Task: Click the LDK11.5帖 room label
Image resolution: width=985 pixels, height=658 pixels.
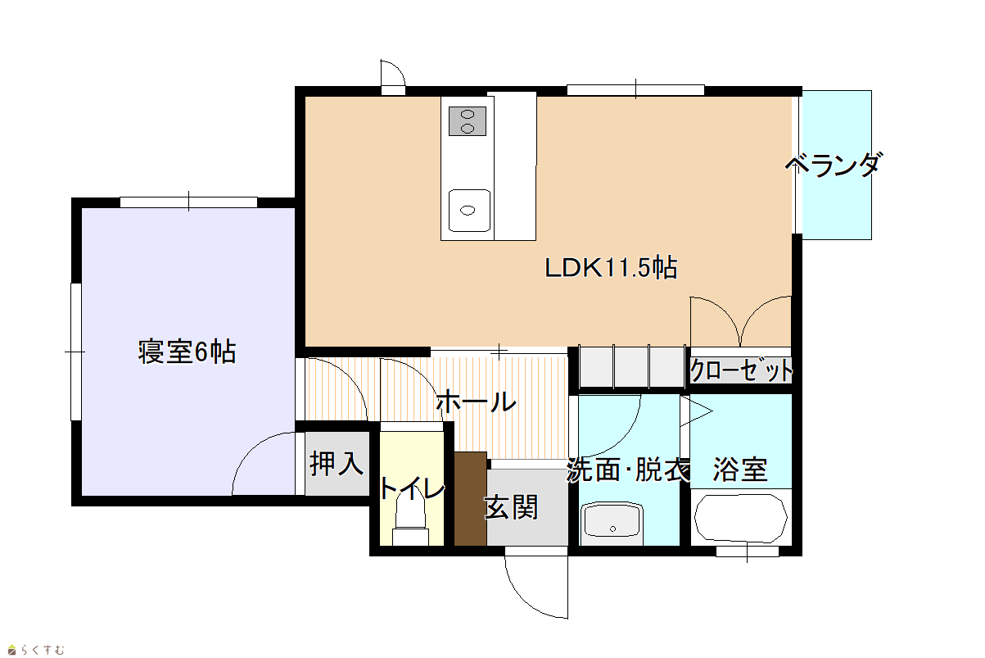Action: [x=611, y=268]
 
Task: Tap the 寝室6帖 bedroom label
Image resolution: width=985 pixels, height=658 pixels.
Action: [x=187, y=352]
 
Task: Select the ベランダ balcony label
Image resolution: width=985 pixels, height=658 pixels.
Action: [x=834, y=165]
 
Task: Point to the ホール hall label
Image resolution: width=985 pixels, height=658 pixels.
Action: [x=476, y=401]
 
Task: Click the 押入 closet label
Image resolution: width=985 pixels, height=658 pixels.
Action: [x=337, y=464]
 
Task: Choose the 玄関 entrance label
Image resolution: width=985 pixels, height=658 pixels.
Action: [x=511, y=507]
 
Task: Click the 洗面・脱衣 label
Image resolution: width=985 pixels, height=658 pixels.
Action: [x=628, y=470]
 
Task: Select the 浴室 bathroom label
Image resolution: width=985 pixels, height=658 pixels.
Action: [x=740, y=470]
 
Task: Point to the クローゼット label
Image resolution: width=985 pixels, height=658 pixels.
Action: [x=741, y=370]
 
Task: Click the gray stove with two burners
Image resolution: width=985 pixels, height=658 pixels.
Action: [x=468, y=121]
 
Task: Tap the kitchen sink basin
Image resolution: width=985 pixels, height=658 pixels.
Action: [x=469, y=211]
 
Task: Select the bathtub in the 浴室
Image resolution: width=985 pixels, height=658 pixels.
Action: [x=741, y=518]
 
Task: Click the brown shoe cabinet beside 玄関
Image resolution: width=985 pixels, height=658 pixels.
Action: [x=471, y=499]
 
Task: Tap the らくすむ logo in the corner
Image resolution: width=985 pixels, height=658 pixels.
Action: [x=37, y=649]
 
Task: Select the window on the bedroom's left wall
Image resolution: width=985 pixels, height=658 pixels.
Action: [x=76, y=352]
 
